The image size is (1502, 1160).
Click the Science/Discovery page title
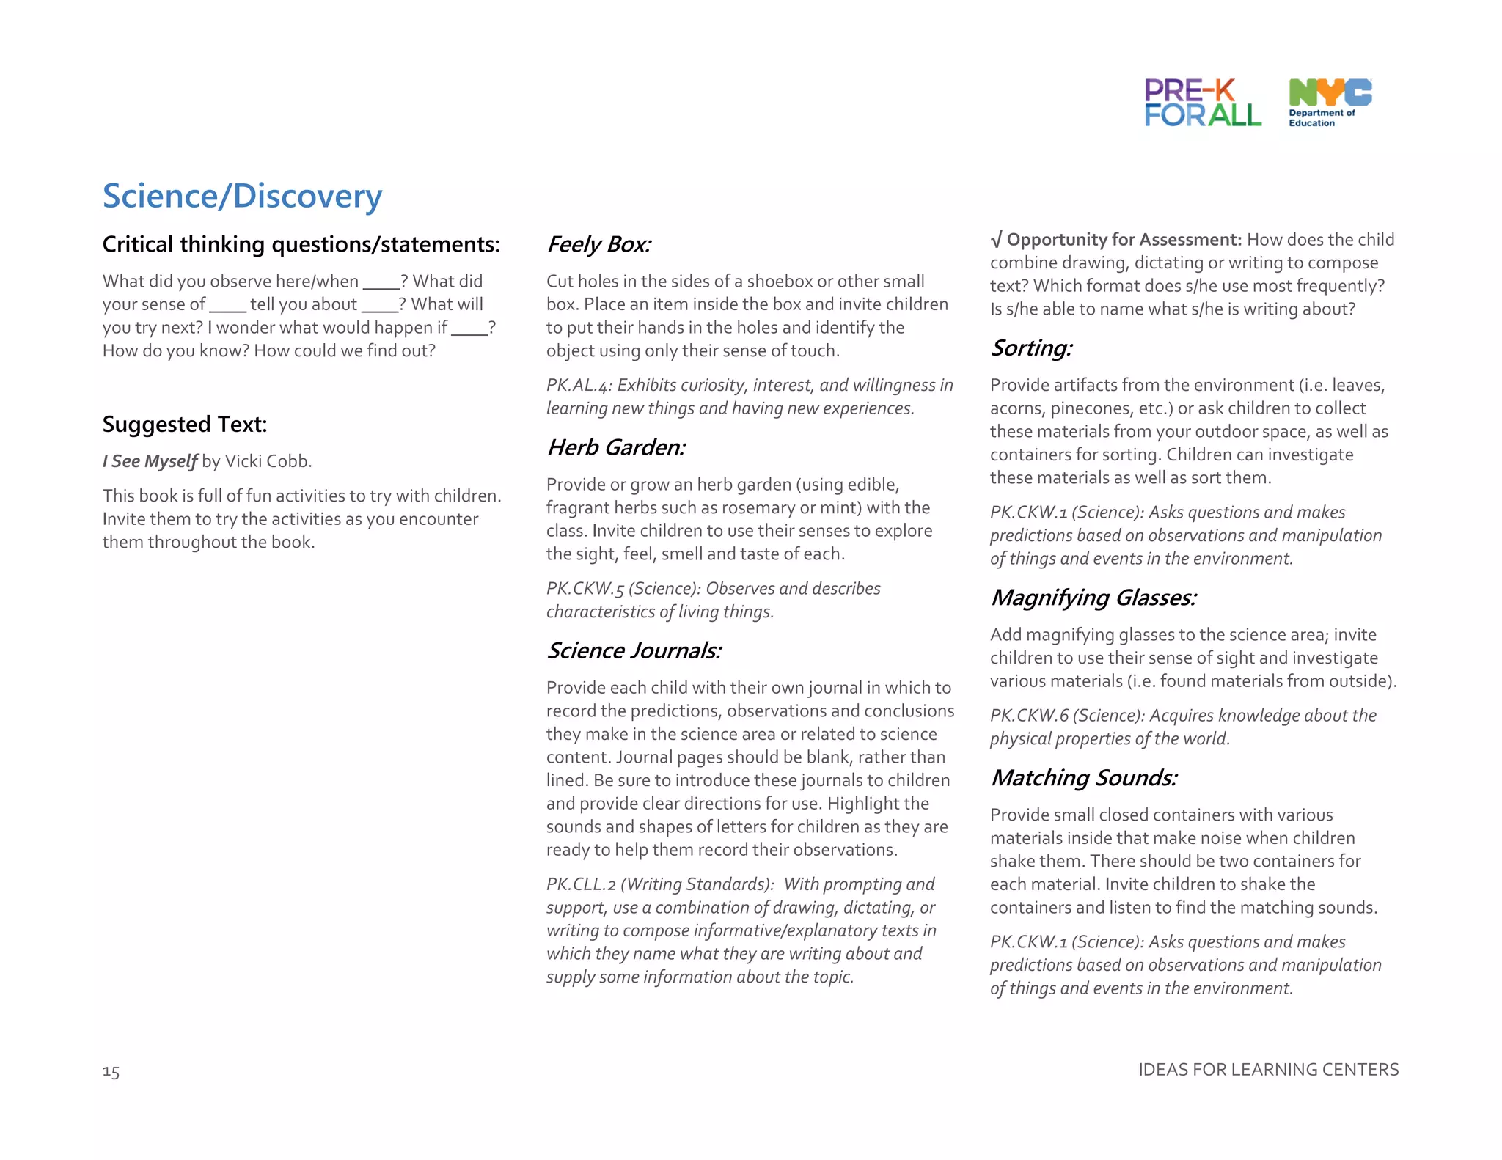point(242,197)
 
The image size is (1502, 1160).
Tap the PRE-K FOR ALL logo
point(1202,103)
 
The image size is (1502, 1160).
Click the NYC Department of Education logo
point(1329,103)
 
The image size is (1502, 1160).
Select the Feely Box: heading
point(598,244)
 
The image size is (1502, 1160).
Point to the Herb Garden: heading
point(616,447)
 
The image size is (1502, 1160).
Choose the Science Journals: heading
point(634,650)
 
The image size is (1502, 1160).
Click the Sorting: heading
point(1031,348)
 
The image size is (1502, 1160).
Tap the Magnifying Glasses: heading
point(1093,598)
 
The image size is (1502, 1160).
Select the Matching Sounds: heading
point(1083,777)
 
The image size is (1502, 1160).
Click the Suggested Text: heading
point(185,425)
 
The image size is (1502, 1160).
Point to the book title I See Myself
point(150,461)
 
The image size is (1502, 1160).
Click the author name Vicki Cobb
point(268,461)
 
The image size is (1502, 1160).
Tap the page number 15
point(111,1072)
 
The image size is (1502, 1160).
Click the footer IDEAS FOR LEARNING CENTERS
point(1268,1070)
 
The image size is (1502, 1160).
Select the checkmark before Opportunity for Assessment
point(996,240)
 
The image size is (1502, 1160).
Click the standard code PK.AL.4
point(579,386)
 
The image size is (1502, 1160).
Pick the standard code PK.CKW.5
point(584,589)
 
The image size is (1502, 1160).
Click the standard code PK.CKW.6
point(1029,716)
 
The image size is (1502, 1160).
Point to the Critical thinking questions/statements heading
point(301,244)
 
